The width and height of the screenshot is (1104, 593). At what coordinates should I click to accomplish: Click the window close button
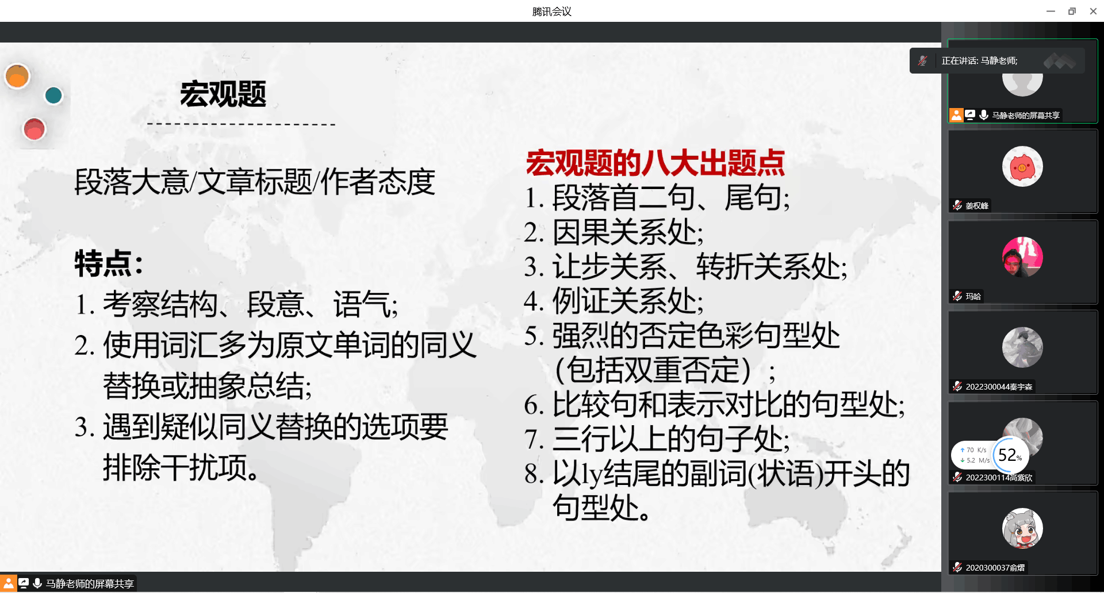tap(1093, 11)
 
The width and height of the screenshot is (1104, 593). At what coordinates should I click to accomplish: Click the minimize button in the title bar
tap(1051, 11)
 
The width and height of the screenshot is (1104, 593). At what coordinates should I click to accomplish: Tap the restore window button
tap(1072, 11)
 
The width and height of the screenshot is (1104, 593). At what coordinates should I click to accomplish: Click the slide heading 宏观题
tap(223, 94)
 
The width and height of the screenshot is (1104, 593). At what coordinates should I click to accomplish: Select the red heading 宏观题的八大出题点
tap(655, 163)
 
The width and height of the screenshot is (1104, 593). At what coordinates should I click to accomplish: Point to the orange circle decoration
tap(17, 76)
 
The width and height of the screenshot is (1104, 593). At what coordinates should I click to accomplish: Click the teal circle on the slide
tap(53, 95)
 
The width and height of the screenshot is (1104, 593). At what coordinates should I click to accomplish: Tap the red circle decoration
tap(34, 129)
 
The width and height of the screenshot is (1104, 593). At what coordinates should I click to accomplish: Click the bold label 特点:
tap(109, 264)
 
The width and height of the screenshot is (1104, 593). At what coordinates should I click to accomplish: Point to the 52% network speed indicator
tap(1010, 455)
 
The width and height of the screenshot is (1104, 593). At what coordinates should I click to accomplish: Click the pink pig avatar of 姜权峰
tap(1022, 167)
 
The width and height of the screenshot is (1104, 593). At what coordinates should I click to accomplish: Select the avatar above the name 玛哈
tap(1022, 257)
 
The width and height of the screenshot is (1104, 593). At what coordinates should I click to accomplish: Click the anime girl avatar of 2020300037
tap(1022, 528)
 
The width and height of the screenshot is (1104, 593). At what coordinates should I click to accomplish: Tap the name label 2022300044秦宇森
tap(999, 387)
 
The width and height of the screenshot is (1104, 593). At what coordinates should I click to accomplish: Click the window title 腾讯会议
tap(552, 11)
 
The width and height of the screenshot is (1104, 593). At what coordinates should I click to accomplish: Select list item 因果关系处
tap(614, 233)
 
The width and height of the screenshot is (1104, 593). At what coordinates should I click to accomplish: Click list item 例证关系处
tap(614, 301)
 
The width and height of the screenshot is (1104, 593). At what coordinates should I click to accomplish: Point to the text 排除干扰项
tap(181, 467)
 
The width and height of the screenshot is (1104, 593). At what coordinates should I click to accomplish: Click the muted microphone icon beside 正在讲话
tap(923, 61)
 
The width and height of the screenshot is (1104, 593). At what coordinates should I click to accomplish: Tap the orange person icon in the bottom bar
tap(8, 584)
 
